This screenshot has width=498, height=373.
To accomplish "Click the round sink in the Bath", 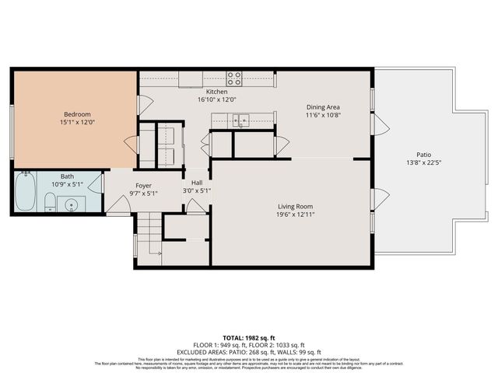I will [x=72, y=205].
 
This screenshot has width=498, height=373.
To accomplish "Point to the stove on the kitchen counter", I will [x=234, y=78].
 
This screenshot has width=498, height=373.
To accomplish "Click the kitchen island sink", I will [x=242, y=120].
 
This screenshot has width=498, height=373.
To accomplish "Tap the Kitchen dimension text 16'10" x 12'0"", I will [x=212, y=99].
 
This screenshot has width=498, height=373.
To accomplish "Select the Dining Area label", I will [x=322, y=106].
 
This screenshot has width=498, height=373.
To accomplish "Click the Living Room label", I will [x=296, y=207].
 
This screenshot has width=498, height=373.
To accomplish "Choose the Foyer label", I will [x=143, y=185].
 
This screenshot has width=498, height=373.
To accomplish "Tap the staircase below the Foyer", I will [x=149, y=237].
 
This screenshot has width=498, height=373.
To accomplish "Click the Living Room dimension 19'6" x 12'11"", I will [x=296, y=215].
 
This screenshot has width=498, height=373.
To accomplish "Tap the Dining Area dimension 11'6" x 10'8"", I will [x=322, y=115].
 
